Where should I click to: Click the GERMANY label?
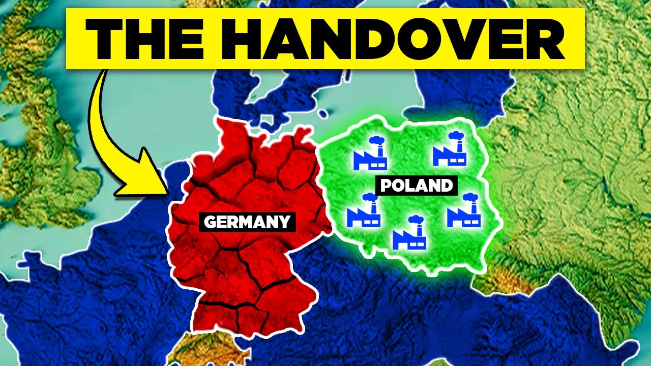[247, 222]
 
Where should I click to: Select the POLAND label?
[417, 186]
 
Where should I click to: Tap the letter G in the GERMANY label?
[209, 222]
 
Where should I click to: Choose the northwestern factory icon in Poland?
[370, 155]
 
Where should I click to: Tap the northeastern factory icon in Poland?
[450, 150]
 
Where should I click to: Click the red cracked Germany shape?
[244, 264]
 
